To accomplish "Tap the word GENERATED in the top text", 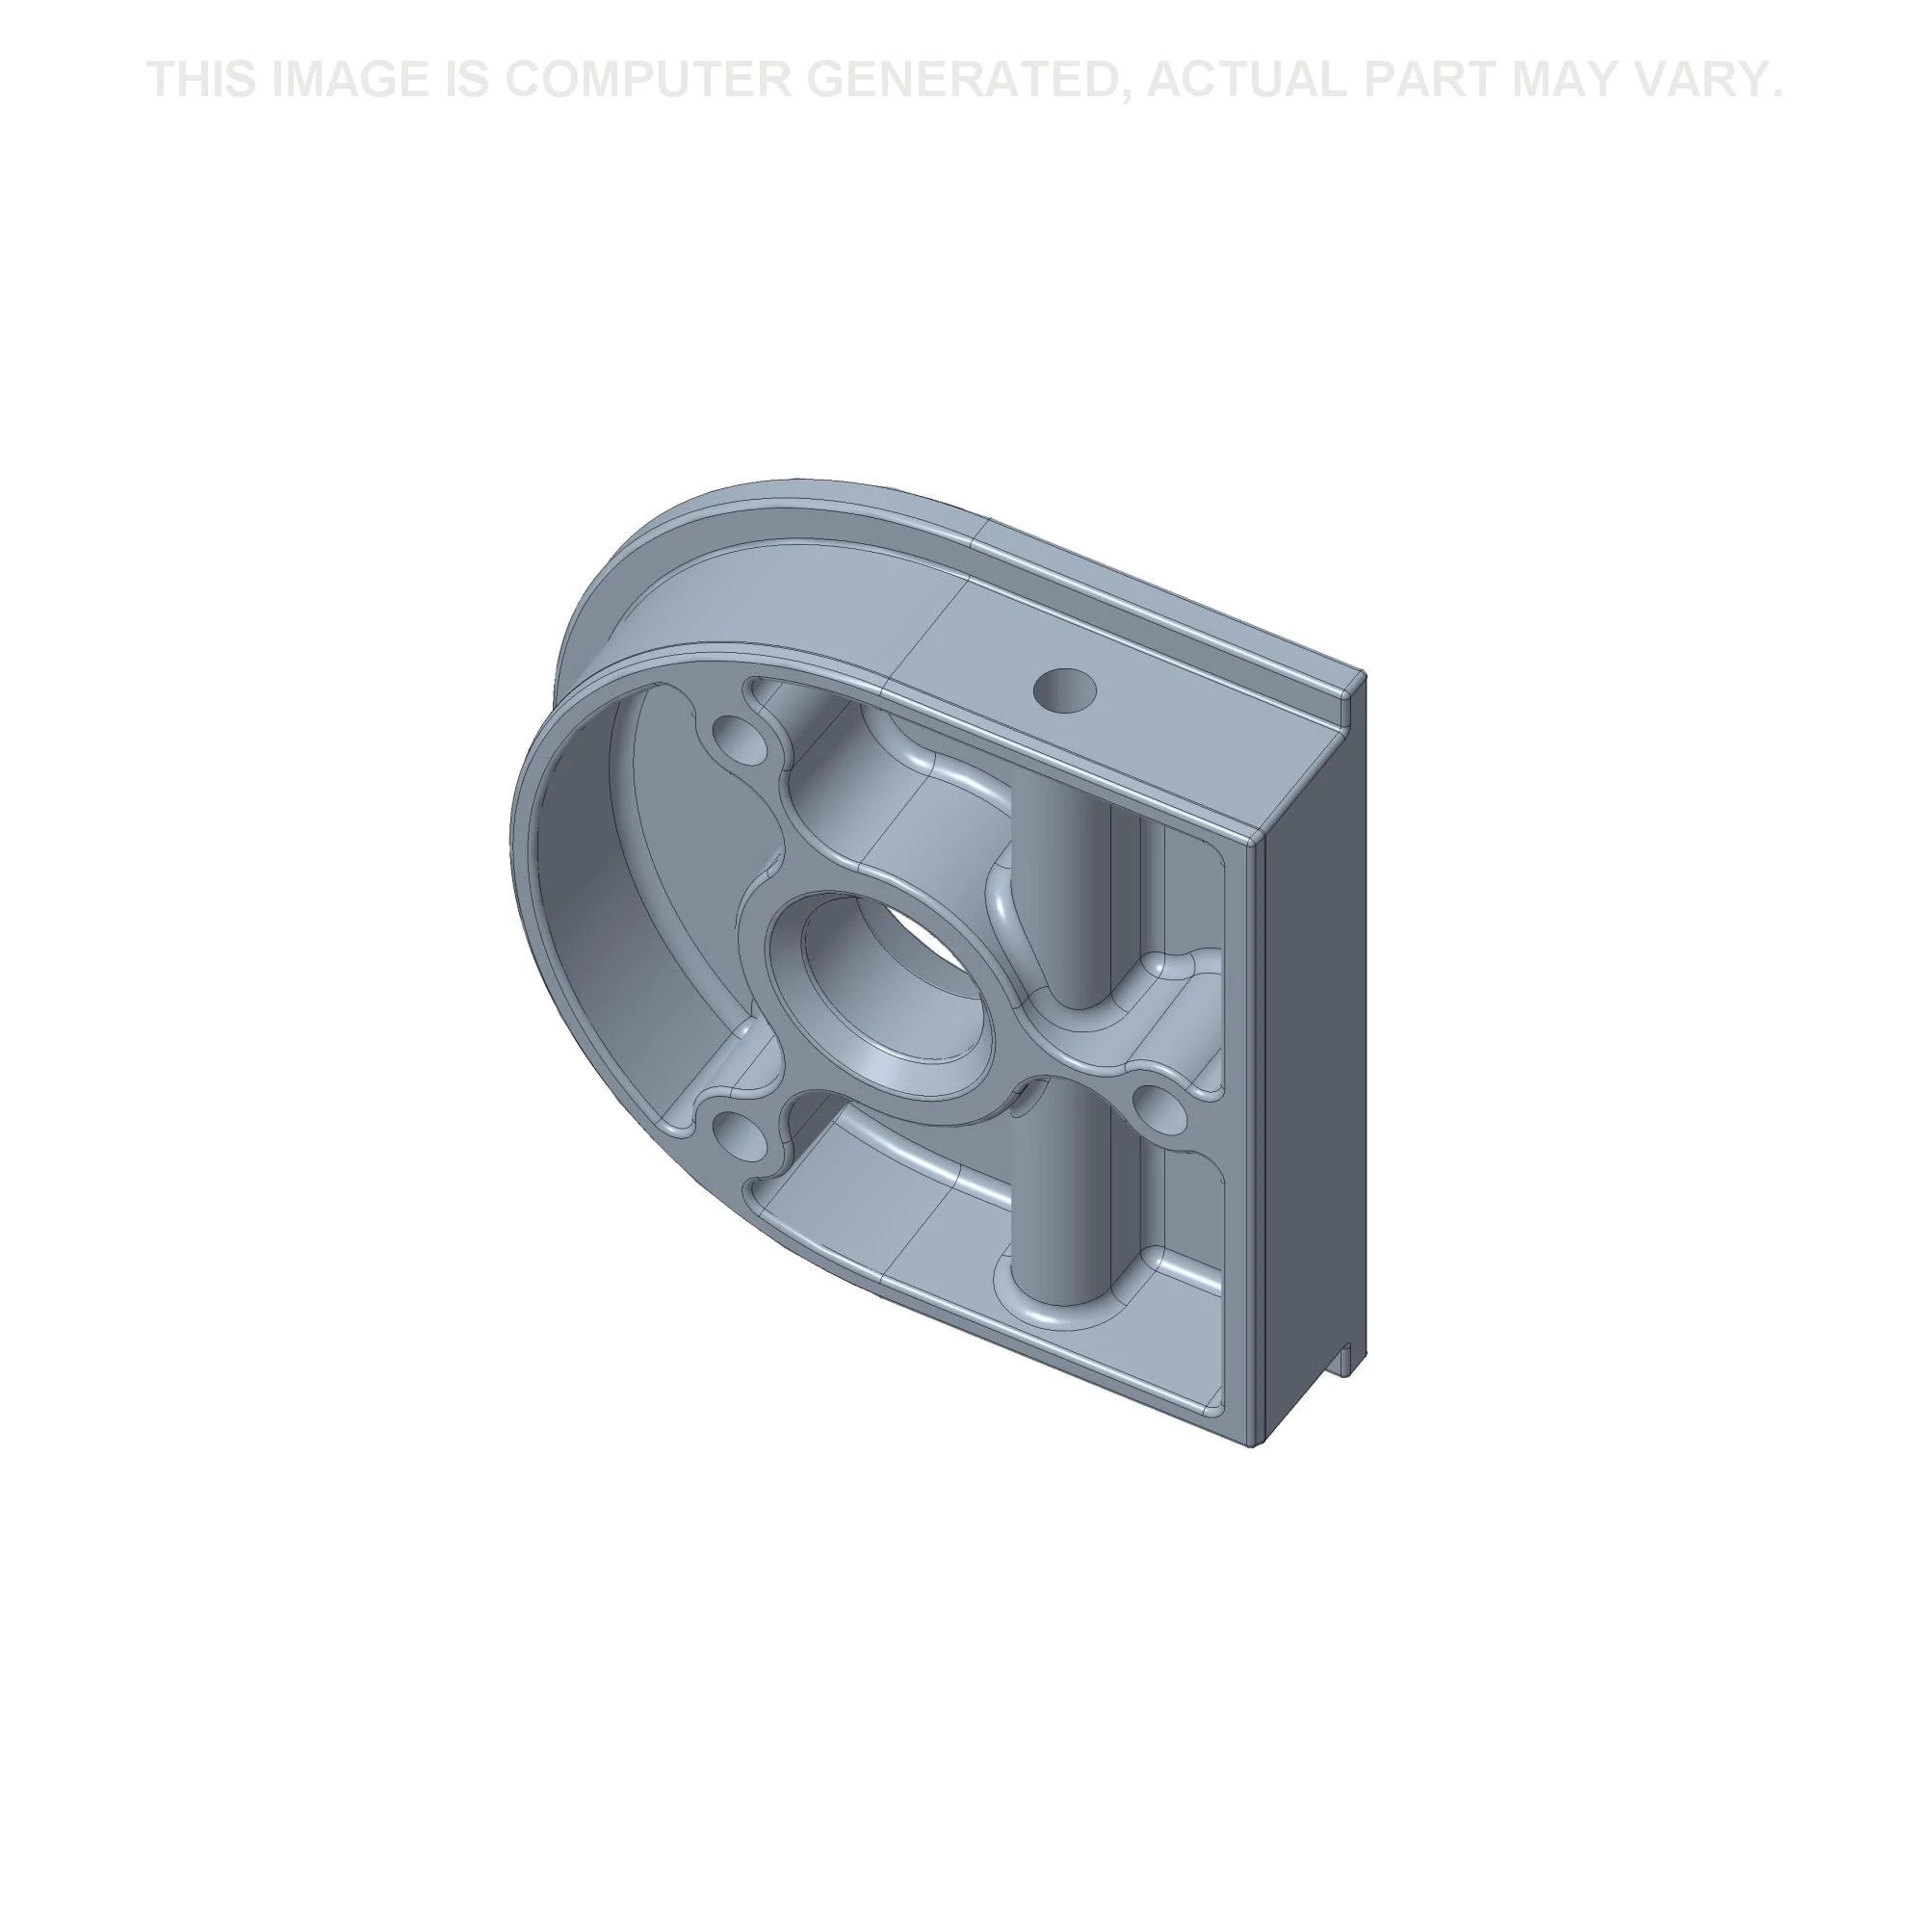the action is coord(967,80).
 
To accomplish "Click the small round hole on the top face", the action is coord(1065,690).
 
